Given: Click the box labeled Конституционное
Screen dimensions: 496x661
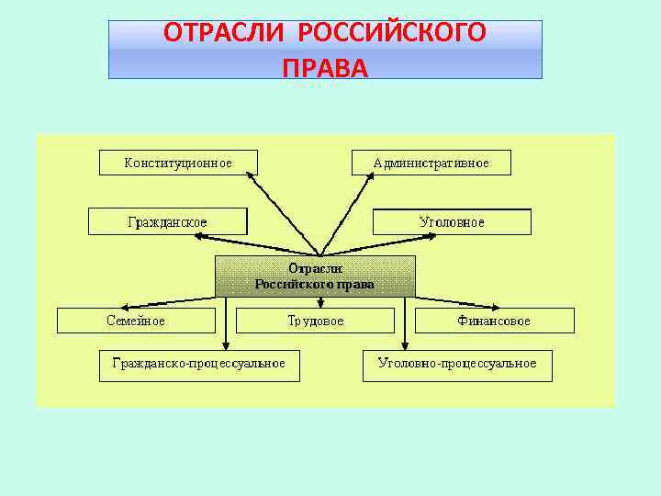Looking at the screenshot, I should pos(178,163).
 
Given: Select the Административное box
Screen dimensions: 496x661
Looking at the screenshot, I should pos(431,163).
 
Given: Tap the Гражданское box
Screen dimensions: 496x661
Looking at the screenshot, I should pos(167,221).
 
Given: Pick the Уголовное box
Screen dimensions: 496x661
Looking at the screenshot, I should pos(452,221).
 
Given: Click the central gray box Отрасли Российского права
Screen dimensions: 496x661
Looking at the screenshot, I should pos(315,276).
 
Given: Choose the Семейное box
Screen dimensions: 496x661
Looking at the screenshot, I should pos(136,321).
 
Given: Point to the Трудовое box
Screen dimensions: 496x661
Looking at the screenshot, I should pos(315,321).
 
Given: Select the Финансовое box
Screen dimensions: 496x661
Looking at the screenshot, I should pos(494,321).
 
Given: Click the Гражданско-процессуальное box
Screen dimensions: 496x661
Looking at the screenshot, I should pos(198,363).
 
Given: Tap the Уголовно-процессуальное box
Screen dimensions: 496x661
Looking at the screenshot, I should pos(457,363).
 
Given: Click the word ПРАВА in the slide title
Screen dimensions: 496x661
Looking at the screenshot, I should pos(325,67).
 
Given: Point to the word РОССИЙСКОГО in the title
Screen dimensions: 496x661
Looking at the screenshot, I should pos(392,34).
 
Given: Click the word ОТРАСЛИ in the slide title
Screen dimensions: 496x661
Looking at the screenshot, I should pos(228,34).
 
